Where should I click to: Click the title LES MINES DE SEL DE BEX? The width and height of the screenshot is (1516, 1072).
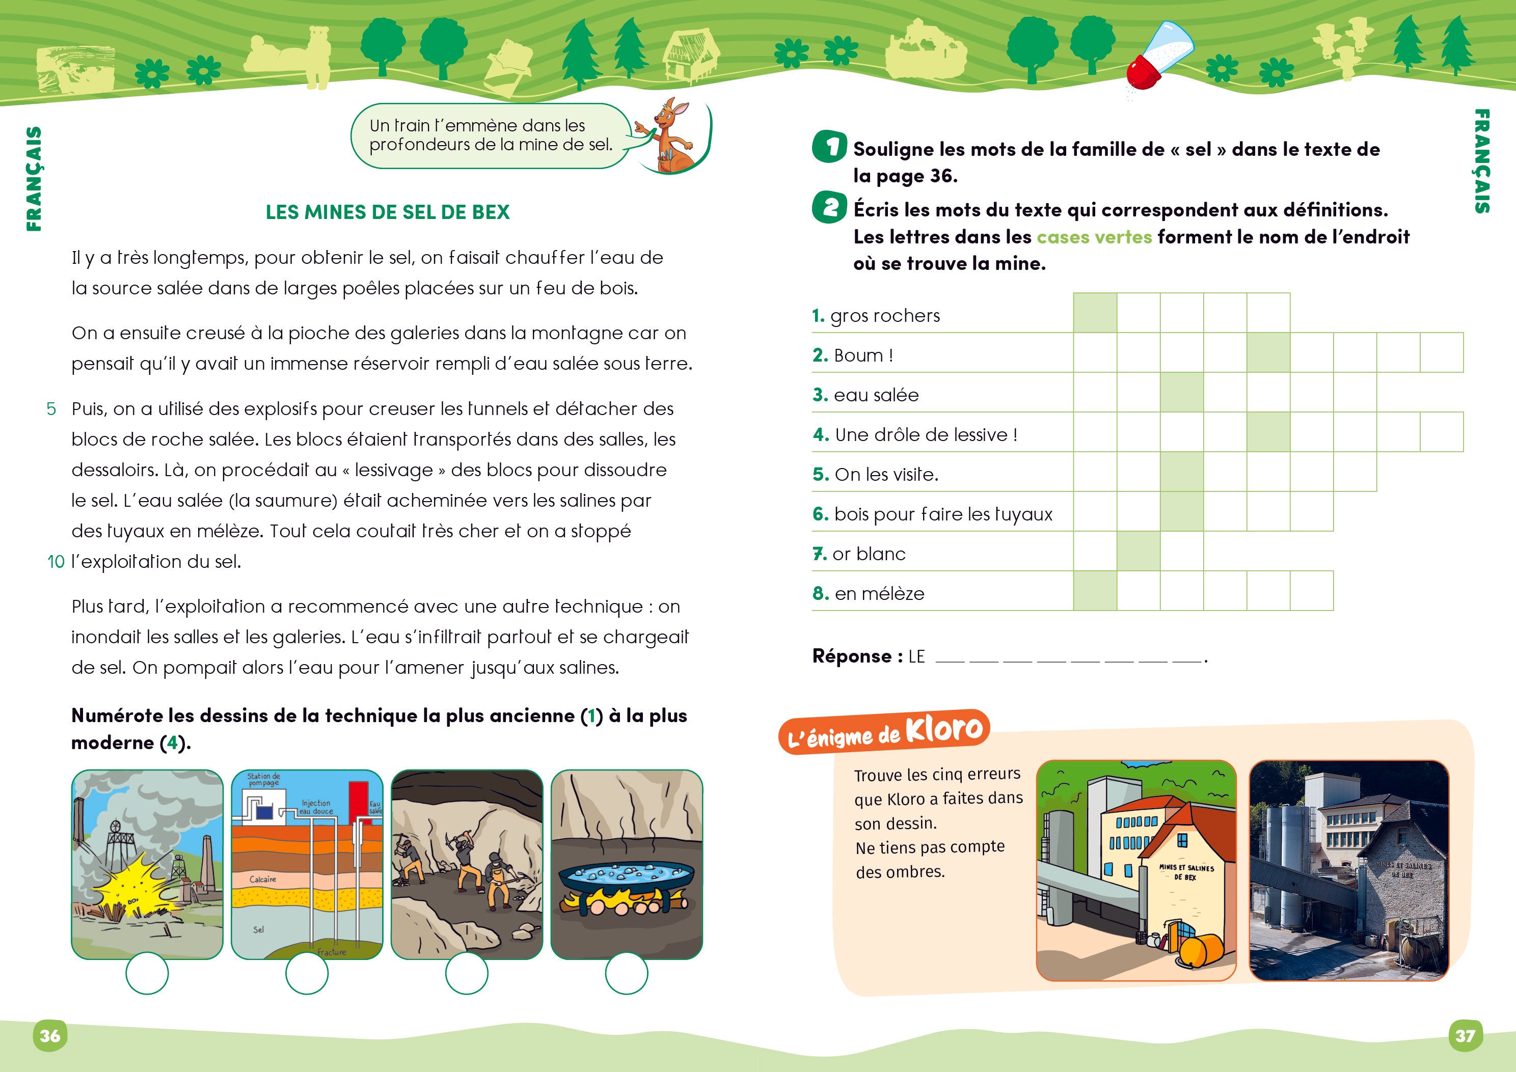click(x=388, y=212)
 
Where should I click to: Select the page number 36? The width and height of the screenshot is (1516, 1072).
click(x=50, y=1034)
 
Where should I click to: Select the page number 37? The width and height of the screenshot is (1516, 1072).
click(x=1465, y=1035)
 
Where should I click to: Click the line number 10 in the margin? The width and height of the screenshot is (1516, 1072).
click(x=56, y=562)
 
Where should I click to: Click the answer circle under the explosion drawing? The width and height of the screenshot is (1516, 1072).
click(x=147, y=973)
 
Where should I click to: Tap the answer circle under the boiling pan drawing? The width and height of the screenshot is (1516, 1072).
click(x=627, y=973)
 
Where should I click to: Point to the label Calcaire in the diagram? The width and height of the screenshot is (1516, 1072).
click(x=263, y=879)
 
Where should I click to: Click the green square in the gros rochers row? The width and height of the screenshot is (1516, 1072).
click(x=1095, y=313)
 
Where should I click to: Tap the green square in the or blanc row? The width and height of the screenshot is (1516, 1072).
click(x=1139, y=551)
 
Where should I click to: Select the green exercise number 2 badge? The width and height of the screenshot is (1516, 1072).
click(x=829, y=207)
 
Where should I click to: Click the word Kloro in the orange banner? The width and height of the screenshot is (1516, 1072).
click(x=944, y=729)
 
